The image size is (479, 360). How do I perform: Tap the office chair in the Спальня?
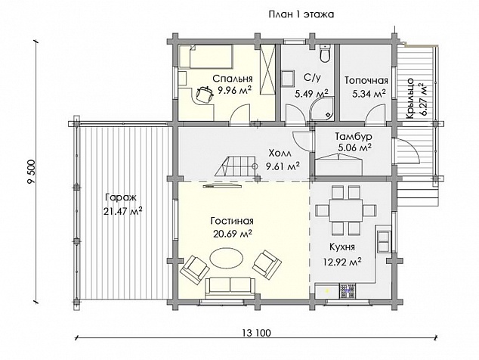coord(204,94)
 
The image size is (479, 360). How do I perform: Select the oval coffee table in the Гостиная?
coord(227,258)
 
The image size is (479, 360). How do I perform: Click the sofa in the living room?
coord(230,288)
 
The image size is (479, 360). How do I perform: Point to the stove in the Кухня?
coord(348,290)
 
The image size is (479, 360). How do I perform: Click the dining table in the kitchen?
coord(346,211)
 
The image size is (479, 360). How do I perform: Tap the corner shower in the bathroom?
coord(322,109)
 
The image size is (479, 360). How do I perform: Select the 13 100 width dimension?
coord(257,333)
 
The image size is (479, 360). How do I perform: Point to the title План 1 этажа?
coord(301,14)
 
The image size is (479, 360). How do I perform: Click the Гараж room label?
coord(121,197)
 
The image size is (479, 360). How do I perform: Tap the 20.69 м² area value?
coord(233,234)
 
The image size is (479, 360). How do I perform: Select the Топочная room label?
coord(366,80)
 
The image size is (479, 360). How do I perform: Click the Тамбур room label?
coord(354,136)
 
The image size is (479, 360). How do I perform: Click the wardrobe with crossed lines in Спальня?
coord(267,70)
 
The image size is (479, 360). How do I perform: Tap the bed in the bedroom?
coord(206,56)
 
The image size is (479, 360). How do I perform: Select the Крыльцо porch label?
coord(410,98)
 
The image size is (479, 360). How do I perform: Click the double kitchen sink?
coord(384,241)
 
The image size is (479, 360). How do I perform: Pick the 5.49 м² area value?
coord(311,93)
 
